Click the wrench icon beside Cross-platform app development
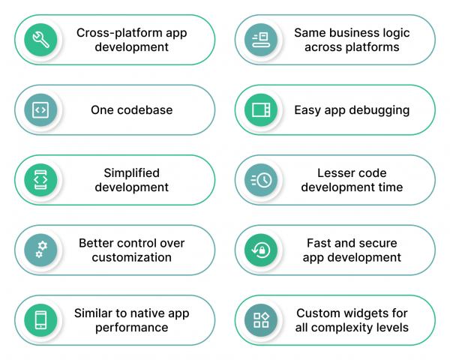click(40, 40)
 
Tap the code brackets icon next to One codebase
click(40, 110)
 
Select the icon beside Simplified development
click(40, 180)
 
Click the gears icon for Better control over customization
click(40, 250)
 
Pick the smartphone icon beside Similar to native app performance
click(40, 319)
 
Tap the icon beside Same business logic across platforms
click(261, 40)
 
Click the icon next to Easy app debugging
click(261, 110)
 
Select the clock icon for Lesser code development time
click(261, 180)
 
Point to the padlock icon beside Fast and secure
click(261, 250)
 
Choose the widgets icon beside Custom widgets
click(261, 319)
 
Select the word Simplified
click(132, 173)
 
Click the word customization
click(132, 257)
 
